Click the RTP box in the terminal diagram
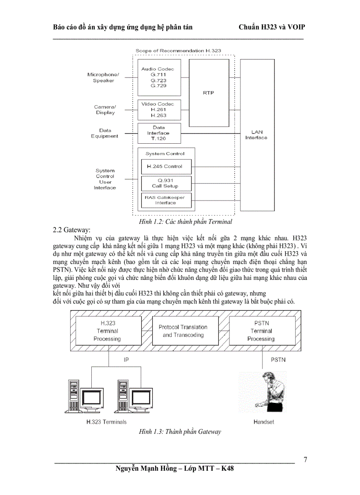pos(208,93)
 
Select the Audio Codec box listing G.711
pos(157,78)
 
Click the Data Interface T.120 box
pos(159,133)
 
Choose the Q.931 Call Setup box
pos(165,183)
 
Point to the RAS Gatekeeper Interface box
pos(165,201)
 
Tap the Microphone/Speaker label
pos(103,78)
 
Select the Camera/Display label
pos(105,110)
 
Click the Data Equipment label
pos(105,133)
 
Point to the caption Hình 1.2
pos(185,221)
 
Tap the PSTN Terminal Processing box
pos(261,331)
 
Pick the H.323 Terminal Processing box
pos(107,331)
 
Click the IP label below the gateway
pos(126,360)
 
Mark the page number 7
pos(305,460)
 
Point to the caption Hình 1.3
pos(180,432)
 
